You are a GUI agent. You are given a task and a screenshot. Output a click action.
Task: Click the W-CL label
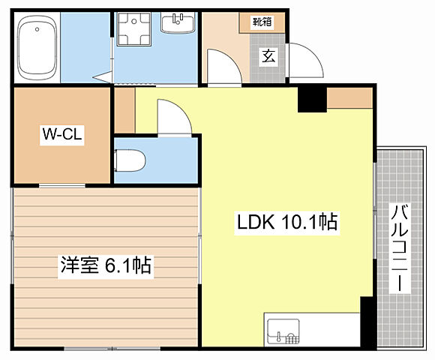pos(61,135)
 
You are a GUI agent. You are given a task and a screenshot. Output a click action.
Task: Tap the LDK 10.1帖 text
pos(286,222)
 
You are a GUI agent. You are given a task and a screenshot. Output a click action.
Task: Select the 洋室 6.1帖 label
pos(106,265)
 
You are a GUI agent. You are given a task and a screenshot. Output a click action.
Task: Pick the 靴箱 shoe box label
pos(262,22)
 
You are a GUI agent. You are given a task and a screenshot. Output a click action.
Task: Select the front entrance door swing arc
pos(303,60)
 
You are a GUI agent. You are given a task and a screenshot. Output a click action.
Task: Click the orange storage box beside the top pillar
pos(349,97)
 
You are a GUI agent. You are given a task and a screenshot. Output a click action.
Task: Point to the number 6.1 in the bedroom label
pos(121,265)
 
